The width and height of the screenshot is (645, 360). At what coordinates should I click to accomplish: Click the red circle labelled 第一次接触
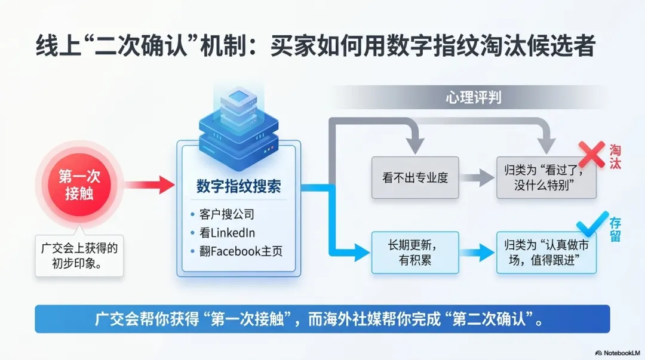[79, 184]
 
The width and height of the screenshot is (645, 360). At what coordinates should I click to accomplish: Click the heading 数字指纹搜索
[238, 186]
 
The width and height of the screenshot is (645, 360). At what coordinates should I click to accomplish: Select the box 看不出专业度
[415, 177]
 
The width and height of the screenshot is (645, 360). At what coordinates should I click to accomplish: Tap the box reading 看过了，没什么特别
[546, 177]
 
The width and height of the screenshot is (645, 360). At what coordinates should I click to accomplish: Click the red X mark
[592, 153]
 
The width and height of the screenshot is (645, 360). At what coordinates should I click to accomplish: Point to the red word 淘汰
[615, 156]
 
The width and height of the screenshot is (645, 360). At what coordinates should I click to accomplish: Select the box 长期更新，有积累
[415, 252]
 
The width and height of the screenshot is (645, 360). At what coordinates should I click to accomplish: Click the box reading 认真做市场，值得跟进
[546, 252]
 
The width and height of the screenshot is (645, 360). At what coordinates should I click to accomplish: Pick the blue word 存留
[615, 227]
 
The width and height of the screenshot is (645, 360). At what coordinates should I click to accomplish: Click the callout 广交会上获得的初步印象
[79, 256]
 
